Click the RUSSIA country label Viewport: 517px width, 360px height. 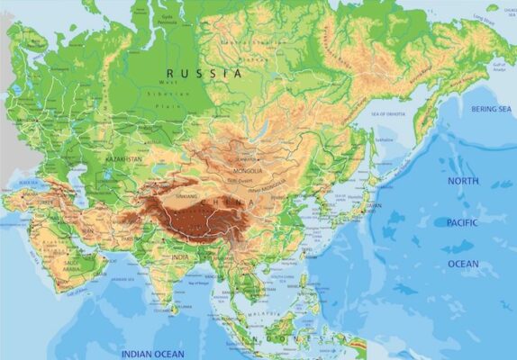point(204,73)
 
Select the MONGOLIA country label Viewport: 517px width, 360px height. point(249,170)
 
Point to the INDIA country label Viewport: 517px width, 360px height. point(180,257)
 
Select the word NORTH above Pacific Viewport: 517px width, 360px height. point(464,181)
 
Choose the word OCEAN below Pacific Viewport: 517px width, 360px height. point(464,264)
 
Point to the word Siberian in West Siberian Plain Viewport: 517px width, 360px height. point(177,94)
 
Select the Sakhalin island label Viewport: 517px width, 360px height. point(385,139)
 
